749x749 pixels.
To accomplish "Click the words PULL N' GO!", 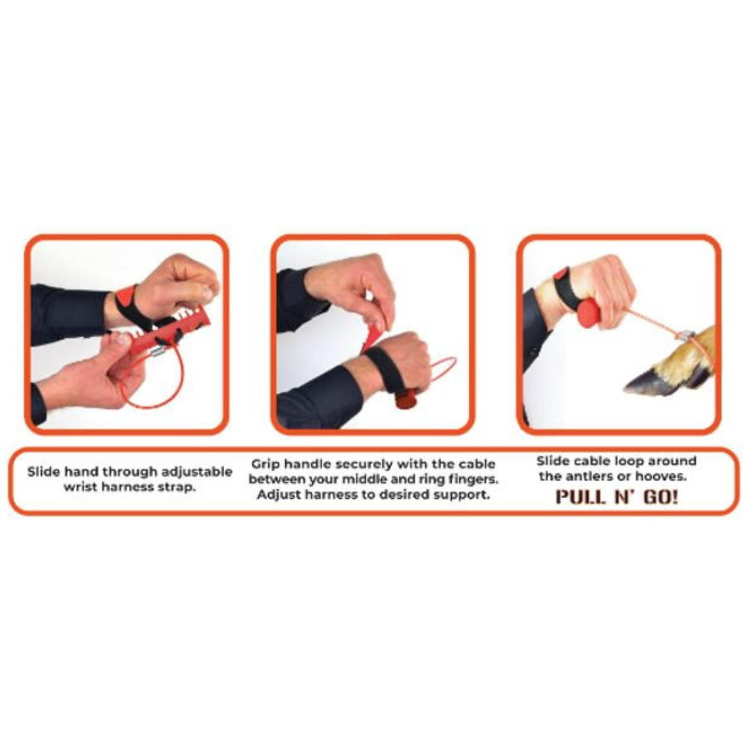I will click(616, 496).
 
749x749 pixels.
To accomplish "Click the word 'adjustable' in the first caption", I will click(195, 472).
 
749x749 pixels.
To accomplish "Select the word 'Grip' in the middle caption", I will click(267, 464).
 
